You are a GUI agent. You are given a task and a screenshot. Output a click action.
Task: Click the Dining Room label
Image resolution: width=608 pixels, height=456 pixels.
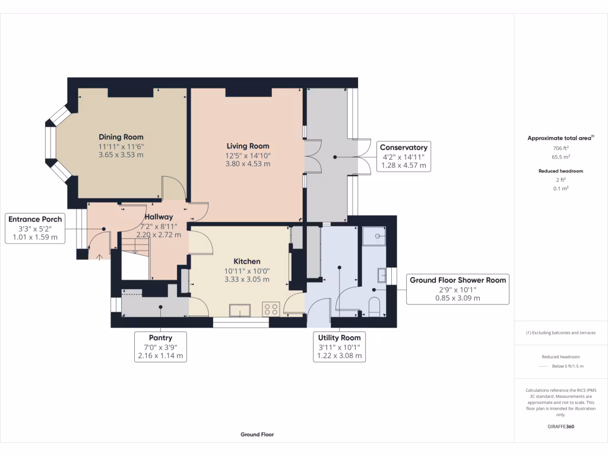point(121,137)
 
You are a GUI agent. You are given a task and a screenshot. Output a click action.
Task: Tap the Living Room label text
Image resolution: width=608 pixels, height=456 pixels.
point(248,146)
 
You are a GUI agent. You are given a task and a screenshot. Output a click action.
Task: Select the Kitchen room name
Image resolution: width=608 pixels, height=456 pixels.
point(247,261)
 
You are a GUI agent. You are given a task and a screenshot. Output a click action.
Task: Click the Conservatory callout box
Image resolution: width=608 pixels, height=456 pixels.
point(404,156)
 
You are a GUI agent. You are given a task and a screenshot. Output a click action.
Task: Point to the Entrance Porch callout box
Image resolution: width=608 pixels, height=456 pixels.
point(35,229)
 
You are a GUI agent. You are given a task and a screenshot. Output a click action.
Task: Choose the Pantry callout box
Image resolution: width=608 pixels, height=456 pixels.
point(160,347)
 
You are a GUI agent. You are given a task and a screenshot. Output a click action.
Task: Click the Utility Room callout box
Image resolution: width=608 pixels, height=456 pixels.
point(339,347)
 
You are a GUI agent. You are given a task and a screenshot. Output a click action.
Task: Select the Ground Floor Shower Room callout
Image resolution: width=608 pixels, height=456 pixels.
point(458,289)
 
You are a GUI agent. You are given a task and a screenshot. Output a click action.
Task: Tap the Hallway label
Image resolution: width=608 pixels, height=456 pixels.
point(159,217)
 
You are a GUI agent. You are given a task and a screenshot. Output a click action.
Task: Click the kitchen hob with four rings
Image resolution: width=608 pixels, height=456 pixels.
point(271,309)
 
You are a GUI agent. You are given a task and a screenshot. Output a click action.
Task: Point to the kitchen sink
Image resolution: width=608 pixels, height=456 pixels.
point(240,311)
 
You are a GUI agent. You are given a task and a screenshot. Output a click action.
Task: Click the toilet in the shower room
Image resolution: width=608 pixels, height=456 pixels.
point(374,307)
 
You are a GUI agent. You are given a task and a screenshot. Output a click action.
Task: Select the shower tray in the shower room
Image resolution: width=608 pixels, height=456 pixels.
point(374,236)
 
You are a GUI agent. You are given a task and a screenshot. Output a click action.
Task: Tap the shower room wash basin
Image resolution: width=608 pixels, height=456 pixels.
point(382,275)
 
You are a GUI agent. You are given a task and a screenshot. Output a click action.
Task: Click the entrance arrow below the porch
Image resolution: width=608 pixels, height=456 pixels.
point(99,258)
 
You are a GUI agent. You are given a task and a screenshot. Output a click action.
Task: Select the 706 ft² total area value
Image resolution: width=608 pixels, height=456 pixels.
point(560,148)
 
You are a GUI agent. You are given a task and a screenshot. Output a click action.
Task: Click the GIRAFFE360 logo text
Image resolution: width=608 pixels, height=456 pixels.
point(560,426)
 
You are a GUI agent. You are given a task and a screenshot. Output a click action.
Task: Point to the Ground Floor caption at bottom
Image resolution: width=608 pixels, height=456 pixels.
point(257,434)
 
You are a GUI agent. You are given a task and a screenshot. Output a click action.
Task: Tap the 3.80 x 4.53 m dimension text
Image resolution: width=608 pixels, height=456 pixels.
point(248,164)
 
